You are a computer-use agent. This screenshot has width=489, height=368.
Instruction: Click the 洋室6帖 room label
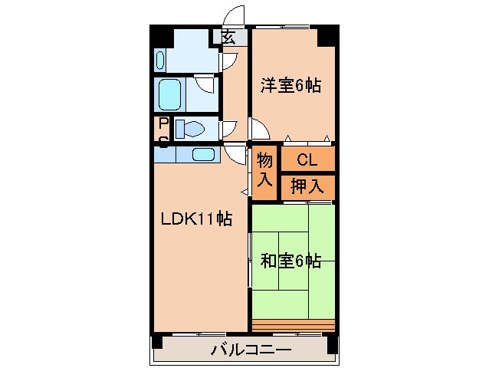click(x=290, y=86)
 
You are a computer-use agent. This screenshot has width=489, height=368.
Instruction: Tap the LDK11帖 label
click(x=195, y=219)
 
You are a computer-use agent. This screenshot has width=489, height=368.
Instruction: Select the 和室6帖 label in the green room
click(x=290, y=261)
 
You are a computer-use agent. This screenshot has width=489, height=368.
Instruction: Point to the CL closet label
click(x=307, y=160)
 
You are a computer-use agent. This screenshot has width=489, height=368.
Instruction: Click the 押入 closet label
click(x=307, y=185)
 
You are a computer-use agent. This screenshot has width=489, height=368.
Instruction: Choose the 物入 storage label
click(x=265, y=170)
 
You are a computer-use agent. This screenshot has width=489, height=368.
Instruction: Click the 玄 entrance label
click(x=229, y=36)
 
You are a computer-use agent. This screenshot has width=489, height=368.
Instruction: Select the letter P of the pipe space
click(x=163, y=123)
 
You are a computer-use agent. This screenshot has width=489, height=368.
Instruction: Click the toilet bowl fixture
click(x=189, y=129)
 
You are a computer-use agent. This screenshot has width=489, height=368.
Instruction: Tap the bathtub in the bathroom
click(x=170, y=94)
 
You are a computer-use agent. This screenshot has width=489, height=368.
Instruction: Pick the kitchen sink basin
click(x=203, y=154)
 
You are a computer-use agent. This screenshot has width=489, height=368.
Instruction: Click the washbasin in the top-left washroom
click(x=160, y=58)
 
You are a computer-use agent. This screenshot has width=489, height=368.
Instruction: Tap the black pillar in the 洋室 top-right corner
click(x=327, y=35)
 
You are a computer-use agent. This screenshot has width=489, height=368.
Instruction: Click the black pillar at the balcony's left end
click(x=158, y=344)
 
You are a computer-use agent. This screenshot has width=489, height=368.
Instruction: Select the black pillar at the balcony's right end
click(x=332, y=344)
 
